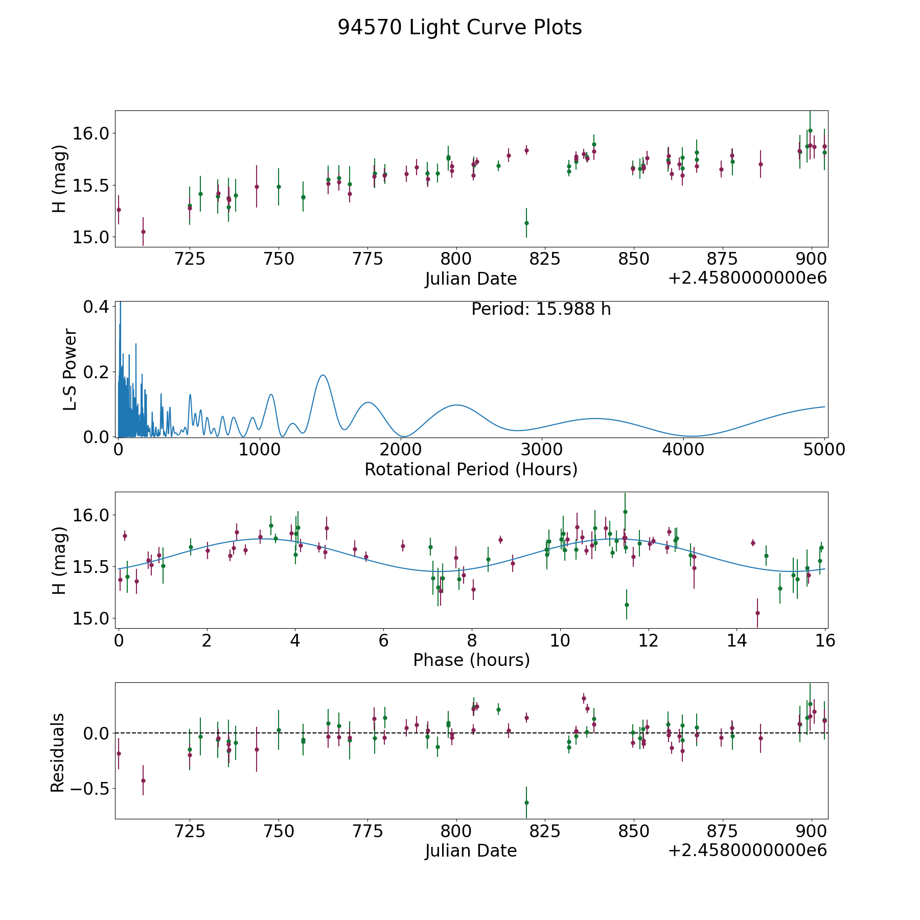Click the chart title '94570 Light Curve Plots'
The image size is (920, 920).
pyautogui.click(x=459, y=28)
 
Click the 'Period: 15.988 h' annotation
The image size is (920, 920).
pyautogui.click(x=541, y=309)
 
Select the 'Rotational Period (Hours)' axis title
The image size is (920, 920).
pyautogui.click(x=471, y=469)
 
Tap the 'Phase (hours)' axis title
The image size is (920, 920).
pyautogui.click(x=471, y=660)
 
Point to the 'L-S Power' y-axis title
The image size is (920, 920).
pyautogui.click(x=70, y=370)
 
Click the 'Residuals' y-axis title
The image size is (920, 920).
pyautogui.click(x=58, y=752)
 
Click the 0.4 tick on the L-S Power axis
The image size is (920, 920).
pyautogui.click(x=96, y=307)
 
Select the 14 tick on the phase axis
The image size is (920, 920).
pyautogui.click(x=737, y=640)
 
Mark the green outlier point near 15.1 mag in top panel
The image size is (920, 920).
pyautogui.click(x=526, y=223)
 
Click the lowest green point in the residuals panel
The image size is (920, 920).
pyautogui.click(x=526, y=802)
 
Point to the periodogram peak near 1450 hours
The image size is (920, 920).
pyautogui.click(x=323, y=375)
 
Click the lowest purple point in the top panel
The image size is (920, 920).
pyautogui.click(x=143, y=232)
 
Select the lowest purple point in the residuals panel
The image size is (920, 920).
pyautogui.click(x=143, y=780)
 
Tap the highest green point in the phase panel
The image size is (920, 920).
pyautogui.click(x=625, y=512)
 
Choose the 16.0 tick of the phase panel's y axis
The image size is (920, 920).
pyautogui.click(x=96, y=515)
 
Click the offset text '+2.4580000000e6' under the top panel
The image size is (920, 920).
pyautogui.click(x=747, y=278)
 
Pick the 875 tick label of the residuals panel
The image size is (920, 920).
pyautogui.click(x=722, y=831)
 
